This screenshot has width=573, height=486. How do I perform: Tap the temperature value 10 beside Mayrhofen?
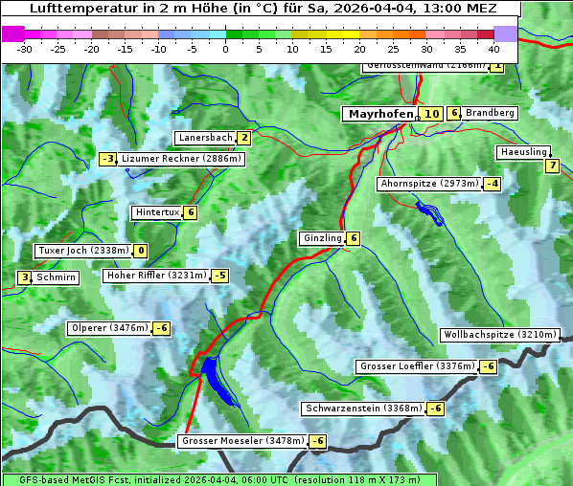point(431,114)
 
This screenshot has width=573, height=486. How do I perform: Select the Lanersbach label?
point(205,138)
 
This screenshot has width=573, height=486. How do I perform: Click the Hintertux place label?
point(157,212)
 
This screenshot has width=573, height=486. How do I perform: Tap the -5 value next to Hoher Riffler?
point(220,276)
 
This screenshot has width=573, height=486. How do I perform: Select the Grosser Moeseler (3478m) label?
point(242,441)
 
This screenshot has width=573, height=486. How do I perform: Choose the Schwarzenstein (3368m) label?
point(362,409)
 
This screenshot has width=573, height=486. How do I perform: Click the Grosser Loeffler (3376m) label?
point(416,366)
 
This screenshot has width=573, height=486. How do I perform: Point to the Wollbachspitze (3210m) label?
point(498,335)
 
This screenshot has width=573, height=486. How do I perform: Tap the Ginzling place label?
point(322,238)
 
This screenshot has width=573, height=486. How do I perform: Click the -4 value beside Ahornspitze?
point(493,183)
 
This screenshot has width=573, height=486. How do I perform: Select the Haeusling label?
point(523,152)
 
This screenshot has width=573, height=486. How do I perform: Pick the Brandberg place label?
point(490,113)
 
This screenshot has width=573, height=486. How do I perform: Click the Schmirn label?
point(57,277)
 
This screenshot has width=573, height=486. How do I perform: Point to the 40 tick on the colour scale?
point(493,48)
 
